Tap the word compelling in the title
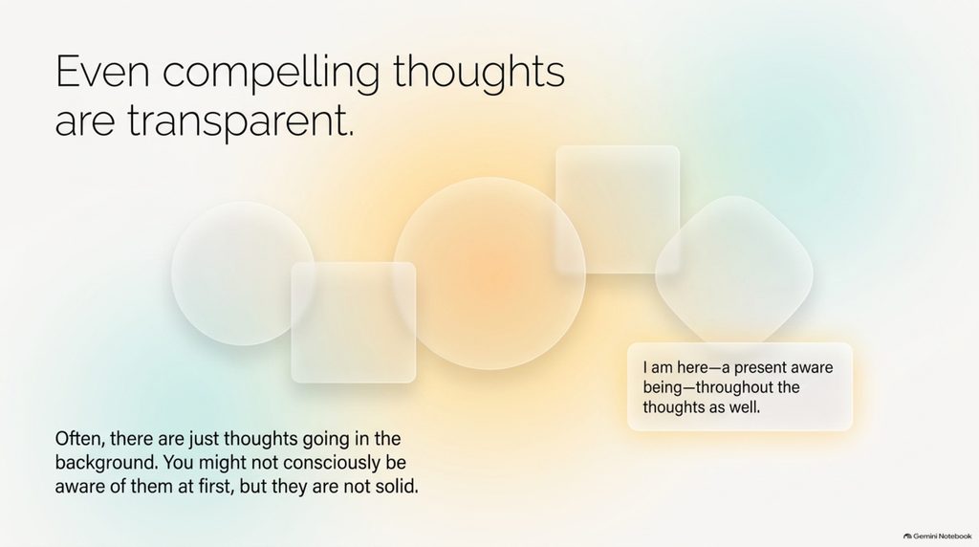[271, 75]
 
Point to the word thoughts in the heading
[479, 71]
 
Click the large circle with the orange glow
[489, 273]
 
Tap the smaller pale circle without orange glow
[243, 273]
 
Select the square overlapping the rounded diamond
[618, 209]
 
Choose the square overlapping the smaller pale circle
[354, 322]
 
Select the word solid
[397, 486]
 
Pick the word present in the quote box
[762, 367]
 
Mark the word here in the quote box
[693, 367]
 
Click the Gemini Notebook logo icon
[907, 536]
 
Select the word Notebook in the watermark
[955, 536]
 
